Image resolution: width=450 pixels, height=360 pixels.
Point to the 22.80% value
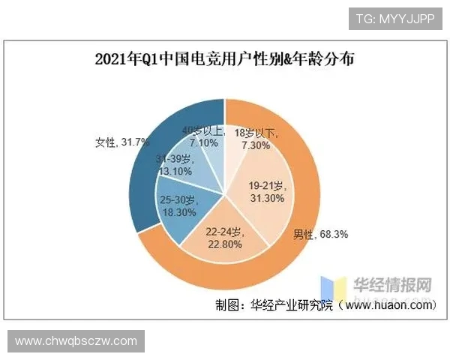(x=226, y=241)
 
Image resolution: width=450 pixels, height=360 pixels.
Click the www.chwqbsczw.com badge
(x=75, y=341)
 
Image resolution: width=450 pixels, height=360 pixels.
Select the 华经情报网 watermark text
(x=393, y=285)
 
